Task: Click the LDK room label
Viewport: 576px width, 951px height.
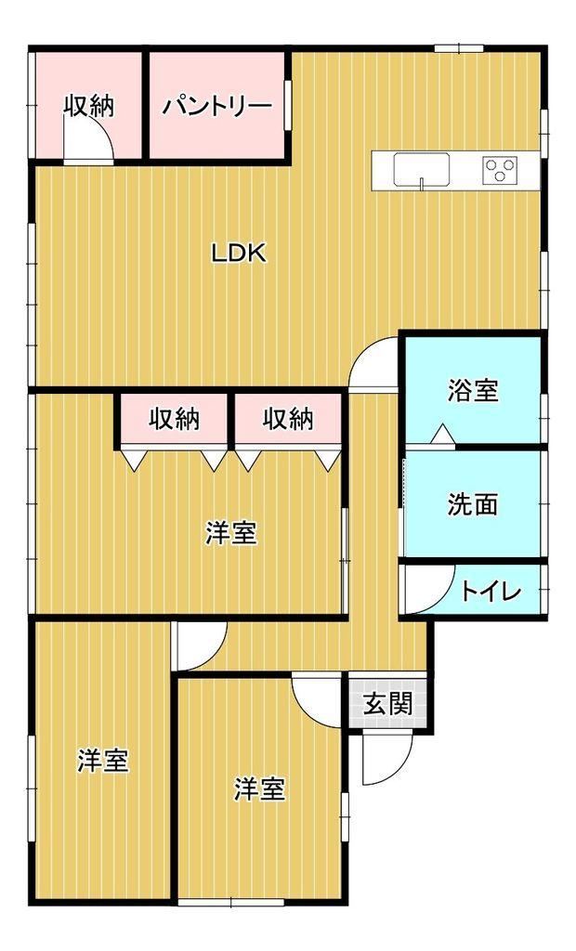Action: point(239,253)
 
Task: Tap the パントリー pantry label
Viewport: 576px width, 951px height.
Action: point(216,108)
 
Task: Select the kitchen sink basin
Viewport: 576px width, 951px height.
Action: point(422,169)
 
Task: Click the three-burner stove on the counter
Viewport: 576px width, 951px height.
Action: point(500,169)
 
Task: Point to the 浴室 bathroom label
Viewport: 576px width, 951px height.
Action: point(473,391)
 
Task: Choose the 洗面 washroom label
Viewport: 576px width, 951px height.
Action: point(473,504)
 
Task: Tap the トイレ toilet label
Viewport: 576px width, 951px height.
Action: point(491,592)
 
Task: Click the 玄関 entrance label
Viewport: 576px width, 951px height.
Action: point(387,704)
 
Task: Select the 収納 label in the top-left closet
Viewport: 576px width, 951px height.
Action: point(89,107)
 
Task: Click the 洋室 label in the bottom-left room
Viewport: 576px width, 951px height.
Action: point(103,761)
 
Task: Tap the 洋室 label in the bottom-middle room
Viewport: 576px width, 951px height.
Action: point(260,788)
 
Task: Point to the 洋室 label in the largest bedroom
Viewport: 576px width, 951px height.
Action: point(230,533)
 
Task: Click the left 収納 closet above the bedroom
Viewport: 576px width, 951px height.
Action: point(175,420)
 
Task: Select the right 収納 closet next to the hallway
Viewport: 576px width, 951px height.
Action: point(288,420)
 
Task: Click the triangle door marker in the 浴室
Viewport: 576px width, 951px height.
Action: point(442,435)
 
